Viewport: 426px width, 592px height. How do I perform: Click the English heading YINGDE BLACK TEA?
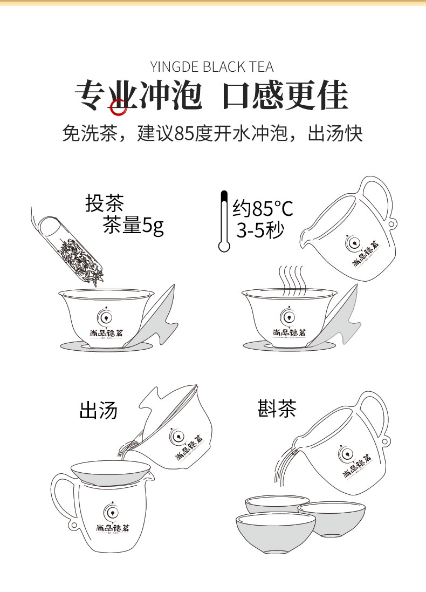click(212, 67)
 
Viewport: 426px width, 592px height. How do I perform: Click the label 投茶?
click(105, 203)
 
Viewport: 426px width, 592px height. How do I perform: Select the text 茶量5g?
click(133, 226)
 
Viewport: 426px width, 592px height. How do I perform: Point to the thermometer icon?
click(224, 221)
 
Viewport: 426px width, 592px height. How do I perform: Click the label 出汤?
click(99, 410)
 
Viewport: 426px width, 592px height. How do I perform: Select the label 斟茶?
click(277, 409)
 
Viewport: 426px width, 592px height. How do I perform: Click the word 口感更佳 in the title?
click(285, 96)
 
